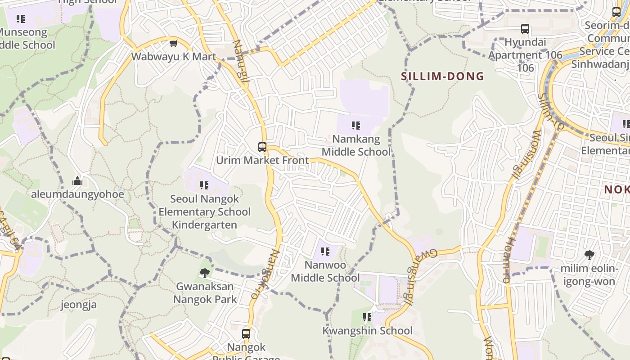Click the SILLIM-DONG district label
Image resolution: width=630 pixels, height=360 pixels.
tap(442, 76)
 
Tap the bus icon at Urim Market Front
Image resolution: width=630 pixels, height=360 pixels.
tap(262, 147)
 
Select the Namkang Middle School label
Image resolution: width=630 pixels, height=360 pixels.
tap(356, 145)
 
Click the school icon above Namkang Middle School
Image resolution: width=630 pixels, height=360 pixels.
tap(356, 126)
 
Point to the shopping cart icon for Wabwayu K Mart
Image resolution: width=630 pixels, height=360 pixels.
tap(173, 44)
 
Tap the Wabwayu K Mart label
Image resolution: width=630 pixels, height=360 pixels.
tap(174, 57)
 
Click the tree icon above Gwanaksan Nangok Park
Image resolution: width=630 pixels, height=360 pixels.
tap(205, 273)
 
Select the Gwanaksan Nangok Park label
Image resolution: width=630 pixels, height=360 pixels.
tap(205, 292)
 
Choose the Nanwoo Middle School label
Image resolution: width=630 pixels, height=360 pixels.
tap(325, 271)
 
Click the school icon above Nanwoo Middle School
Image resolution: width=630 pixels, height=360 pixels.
tap(325, 252)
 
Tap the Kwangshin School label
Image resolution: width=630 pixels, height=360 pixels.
tap(367, 331)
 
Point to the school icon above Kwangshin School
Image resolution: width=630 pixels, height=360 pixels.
tap(367, 318)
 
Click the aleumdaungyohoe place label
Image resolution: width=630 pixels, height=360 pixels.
tap(77, 194)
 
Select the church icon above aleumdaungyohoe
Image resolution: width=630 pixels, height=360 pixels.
tap(77, 181)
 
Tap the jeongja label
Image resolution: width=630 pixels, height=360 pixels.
tap(79, 305)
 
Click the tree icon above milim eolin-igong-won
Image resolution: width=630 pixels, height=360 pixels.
tap(589, 255)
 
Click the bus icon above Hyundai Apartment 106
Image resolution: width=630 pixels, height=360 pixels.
tap(525, 29)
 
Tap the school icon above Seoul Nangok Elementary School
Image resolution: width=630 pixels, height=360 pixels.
tap(204, 185)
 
